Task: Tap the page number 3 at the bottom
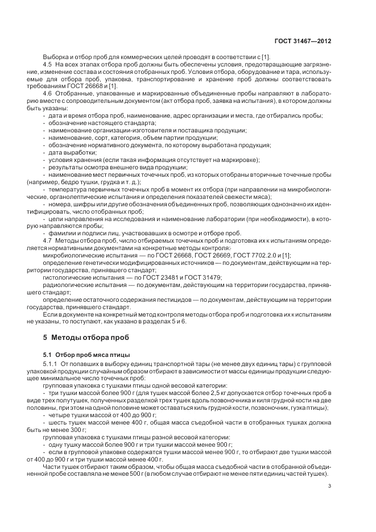tap(330, 485)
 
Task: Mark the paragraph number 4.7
tap(48, 240)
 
